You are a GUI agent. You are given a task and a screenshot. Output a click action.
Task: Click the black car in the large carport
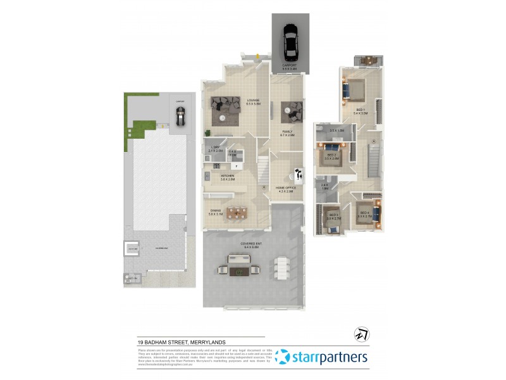(x=290, y=42)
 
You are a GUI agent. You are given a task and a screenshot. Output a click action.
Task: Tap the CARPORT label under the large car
(x=290, y=66)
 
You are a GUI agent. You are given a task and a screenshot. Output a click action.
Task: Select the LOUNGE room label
(x=253, y=100)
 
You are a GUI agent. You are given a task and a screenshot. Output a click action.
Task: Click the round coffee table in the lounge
(x=222, y=118)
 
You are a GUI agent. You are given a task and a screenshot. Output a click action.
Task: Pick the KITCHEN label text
(x=228, y=177)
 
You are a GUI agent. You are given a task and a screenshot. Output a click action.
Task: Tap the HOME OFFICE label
(x=286, y=188)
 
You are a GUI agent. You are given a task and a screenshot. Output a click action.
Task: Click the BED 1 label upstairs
(x=361, y=110)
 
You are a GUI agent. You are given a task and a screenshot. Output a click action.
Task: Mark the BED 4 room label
(x=363, y=213)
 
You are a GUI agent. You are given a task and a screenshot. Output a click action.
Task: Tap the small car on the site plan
(x=180, y=115)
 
